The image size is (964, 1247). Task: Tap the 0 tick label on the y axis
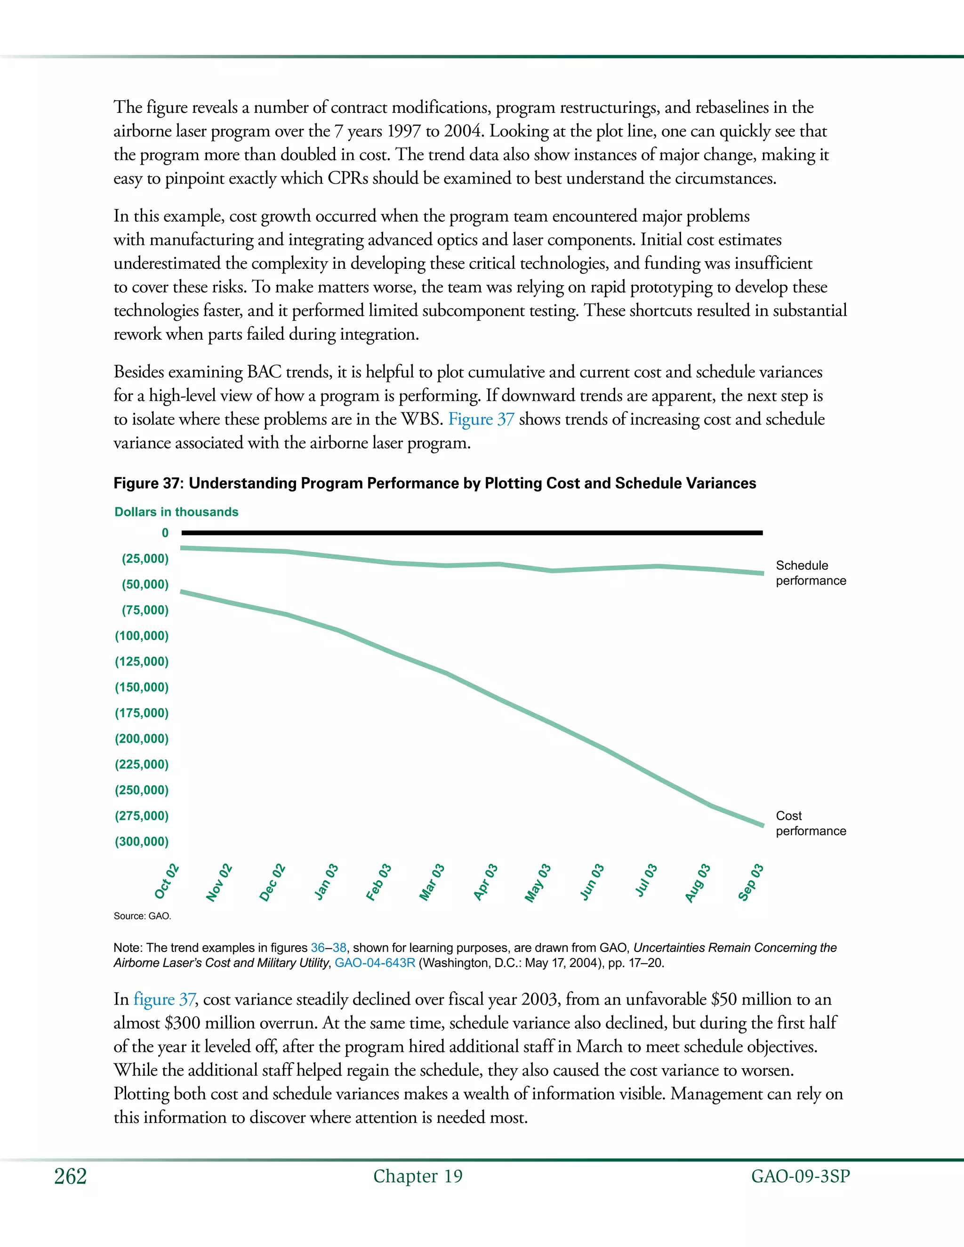coord(165,533)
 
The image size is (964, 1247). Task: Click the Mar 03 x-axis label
coord(432,882)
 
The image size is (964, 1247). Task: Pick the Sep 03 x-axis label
coord(751,882)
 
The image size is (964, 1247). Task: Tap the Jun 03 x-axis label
coord(592,882)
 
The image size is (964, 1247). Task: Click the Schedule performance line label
coord(811,573)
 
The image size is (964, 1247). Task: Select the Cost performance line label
coord(811,823)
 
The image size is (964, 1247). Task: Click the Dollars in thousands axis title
coord(177,512)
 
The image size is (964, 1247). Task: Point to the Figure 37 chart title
coord(434,483)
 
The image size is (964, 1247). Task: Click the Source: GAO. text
coord(142,916)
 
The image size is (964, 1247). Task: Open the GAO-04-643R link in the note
coord(375,963)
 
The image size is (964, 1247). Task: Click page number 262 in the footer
coord(70,1176)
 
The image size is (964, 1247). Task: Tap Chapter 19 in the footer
coord(418,1176)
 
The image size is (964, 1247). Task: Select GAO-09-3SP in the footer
coord(800,1176)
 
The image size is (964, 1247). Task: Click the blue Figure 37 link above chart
coord(481,419)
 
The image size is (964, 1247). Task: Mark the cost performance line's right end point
coord(763,825)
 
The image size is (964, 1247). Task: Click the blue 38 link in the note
coord(339,948)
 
